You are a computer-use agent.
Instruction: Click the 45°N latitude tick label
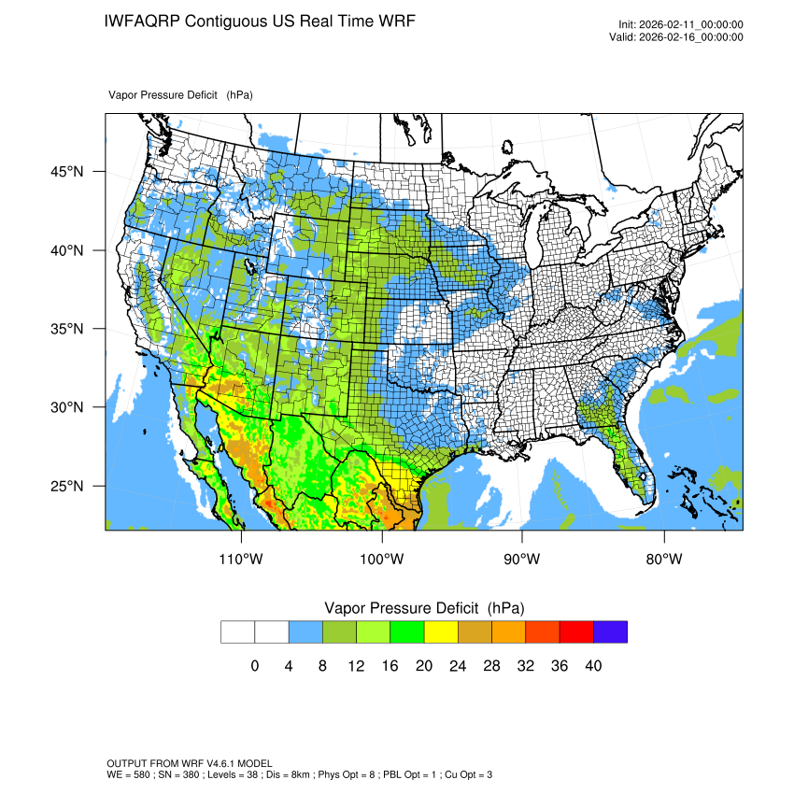coord(66,172)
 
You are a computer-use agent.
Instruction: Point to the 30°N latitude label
coord(66,407)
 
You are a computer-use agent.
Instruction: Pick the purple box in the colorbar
coord(610,631)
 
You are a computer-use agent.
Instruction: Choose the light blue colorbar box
coord(305,631)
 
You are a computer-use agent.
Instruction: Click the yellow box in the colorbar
coord(441,631)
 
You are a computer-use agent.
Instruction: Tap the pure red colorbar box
coord(576,631)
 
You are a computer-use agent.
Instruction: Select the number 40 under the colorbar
coord(593,666)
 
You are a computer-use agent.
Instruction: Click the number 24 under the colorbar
coord(458,666)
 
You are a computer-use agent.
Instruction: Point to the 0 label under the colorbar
coord(255,666)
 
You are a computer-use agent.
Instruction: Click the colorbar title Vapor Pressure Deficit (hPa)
coord(424,607)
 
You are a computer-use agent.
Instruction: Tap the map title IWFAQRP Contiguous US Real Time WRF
coord(260,21)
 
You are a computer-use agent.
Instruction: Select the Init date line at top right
coord(680,24)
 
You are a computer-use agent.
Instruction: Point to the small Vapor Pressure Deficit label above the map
coord(180,95)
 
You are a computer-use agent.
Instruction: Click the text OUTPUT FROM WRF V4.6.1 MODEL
coord(190,763)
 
